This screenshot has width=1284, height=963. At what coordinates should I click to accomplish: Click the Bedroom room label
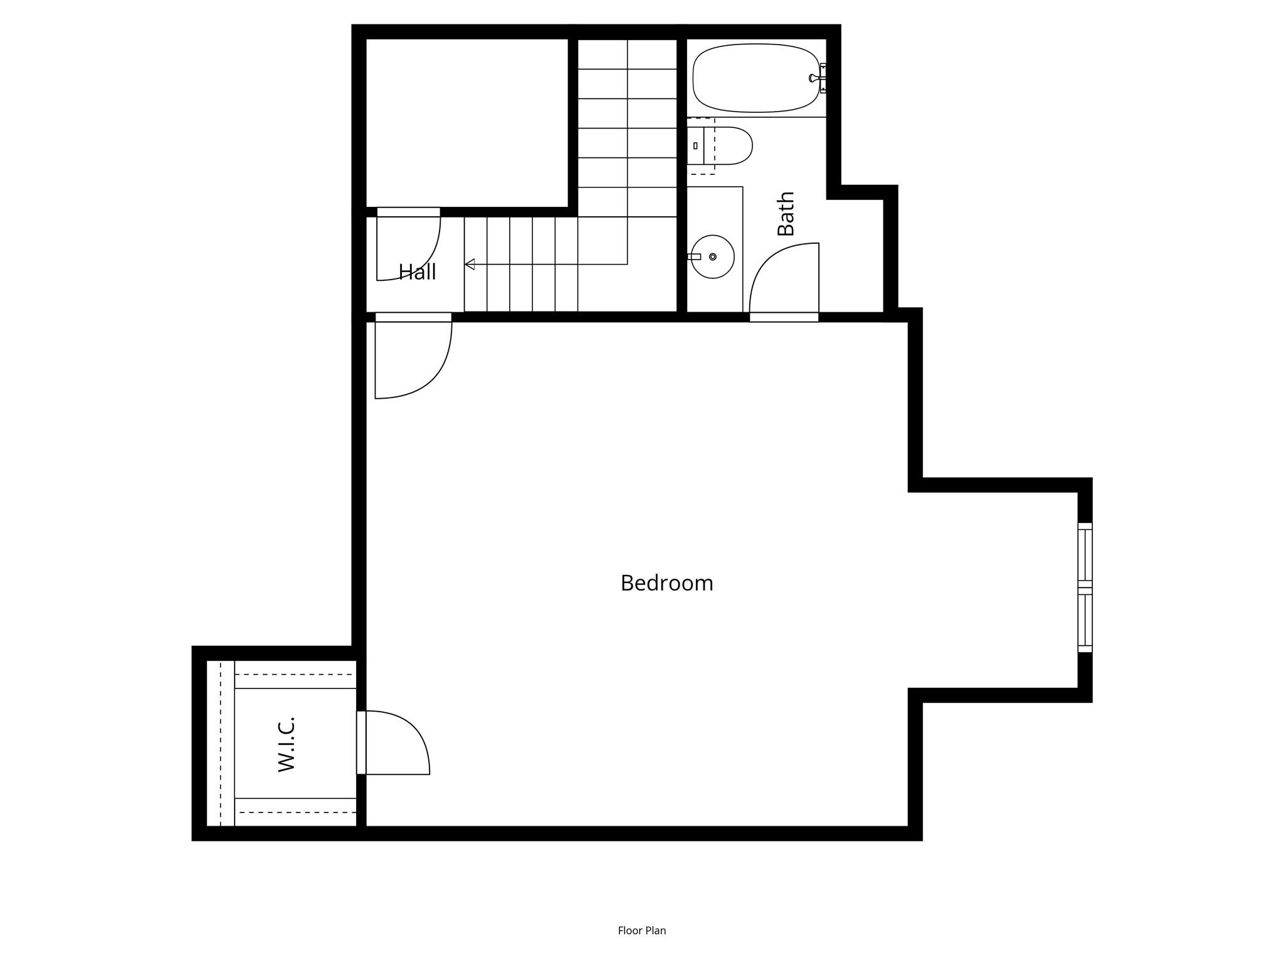tap(666, 584)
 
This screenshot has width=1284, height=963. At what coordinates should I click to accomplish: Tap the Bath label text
tap(786, 214)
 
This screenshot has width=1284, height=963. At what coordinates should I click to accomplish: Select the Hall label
tap(418, 271)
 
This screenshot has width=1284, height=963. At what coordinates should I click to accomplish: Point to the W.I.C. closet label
tap(286, 744)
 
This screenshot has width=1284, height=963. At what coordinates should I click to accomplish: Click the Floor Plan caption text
tap(642, 930)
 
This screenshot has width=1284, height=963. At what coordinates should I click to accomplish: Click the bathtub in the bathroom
tap(756, 78)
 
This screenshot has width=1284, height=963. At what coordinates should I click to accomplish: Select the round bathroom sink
tap(713, 256)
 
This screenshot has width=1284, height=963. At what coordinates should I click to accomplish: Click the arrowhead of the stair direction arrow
tap(470, 264)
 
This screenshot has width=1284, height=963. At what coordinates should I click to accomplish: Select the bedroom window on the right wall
tap(1085, 587)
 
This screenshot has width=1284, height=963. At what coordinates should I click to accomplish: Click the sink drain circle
tap(713, 256)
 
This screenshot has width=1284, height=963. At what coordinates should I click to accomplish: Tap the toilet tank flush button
tap(695, 145)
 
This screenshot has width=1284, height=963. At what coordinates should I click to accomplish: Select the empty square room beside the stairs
tap(467, 123)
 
